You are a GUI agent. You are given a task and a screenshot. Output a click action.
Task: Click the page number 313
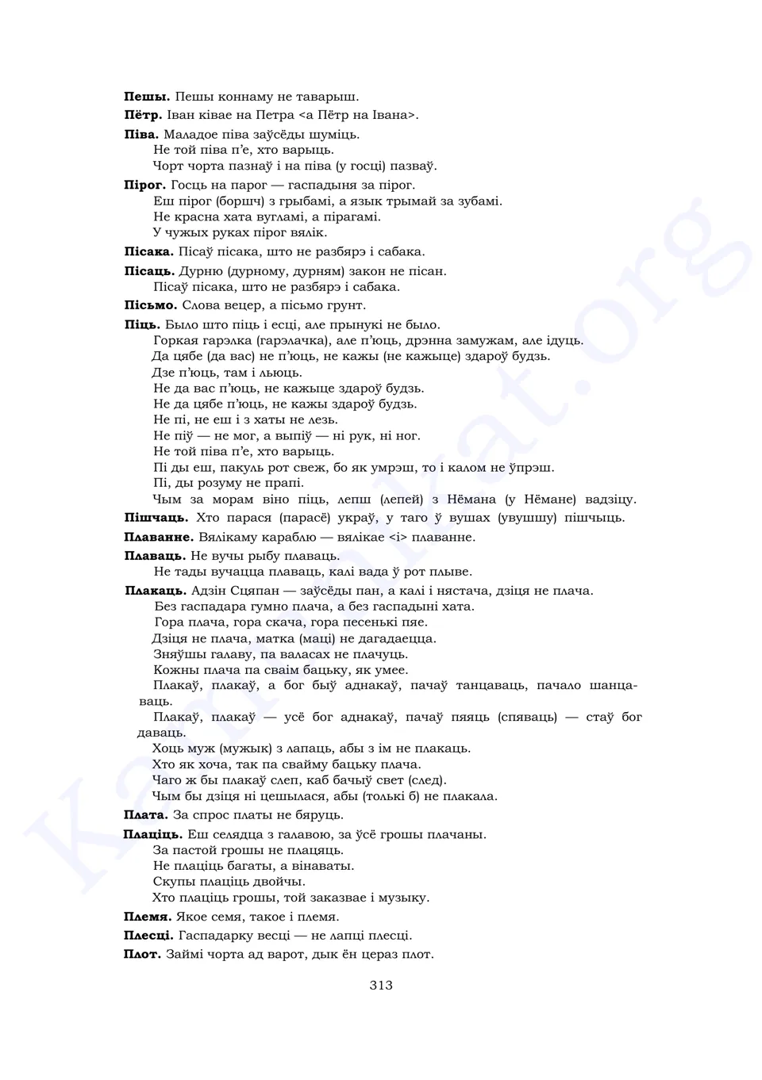pos(381,986)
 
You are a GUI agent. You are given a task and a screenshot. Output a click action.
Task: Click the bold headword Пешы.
pos(147,97)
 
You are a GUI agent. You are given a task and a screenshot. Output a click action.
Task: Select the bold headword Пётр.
pos(144,115)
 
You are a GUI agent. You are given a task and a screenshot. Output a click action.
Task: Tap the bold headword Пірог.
pos(144,185)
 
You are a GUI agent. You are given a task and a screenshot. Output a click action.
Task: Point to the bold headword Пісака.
pos(148,251)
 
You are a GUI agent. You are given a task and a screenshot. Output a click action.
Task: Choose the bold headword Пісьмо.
pos(150,305)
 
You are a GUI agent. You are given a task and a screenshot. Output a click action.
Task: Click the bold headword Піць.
pos(142,324)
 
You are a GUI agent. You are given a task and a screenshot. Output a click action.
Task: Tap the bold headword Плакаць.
pos(156,591)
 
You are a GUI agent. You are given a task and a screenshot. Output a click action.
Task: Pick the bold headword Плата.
pos(145,815)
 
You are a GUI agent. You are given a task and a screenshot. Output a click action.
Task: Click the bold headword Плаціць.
pos(152,834)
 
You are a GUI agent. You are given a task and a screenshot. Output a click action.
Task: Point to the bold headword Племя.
pos(148,917)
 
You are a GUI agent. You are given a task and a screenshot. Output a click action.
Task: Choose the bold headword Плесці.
pos(148,936)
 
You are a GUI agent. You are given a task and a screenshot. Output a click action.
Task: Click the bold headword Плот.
pos(142,954)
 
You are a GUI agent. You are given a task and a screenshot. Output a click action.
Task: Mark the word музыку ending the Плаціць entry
pos(403,898)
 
